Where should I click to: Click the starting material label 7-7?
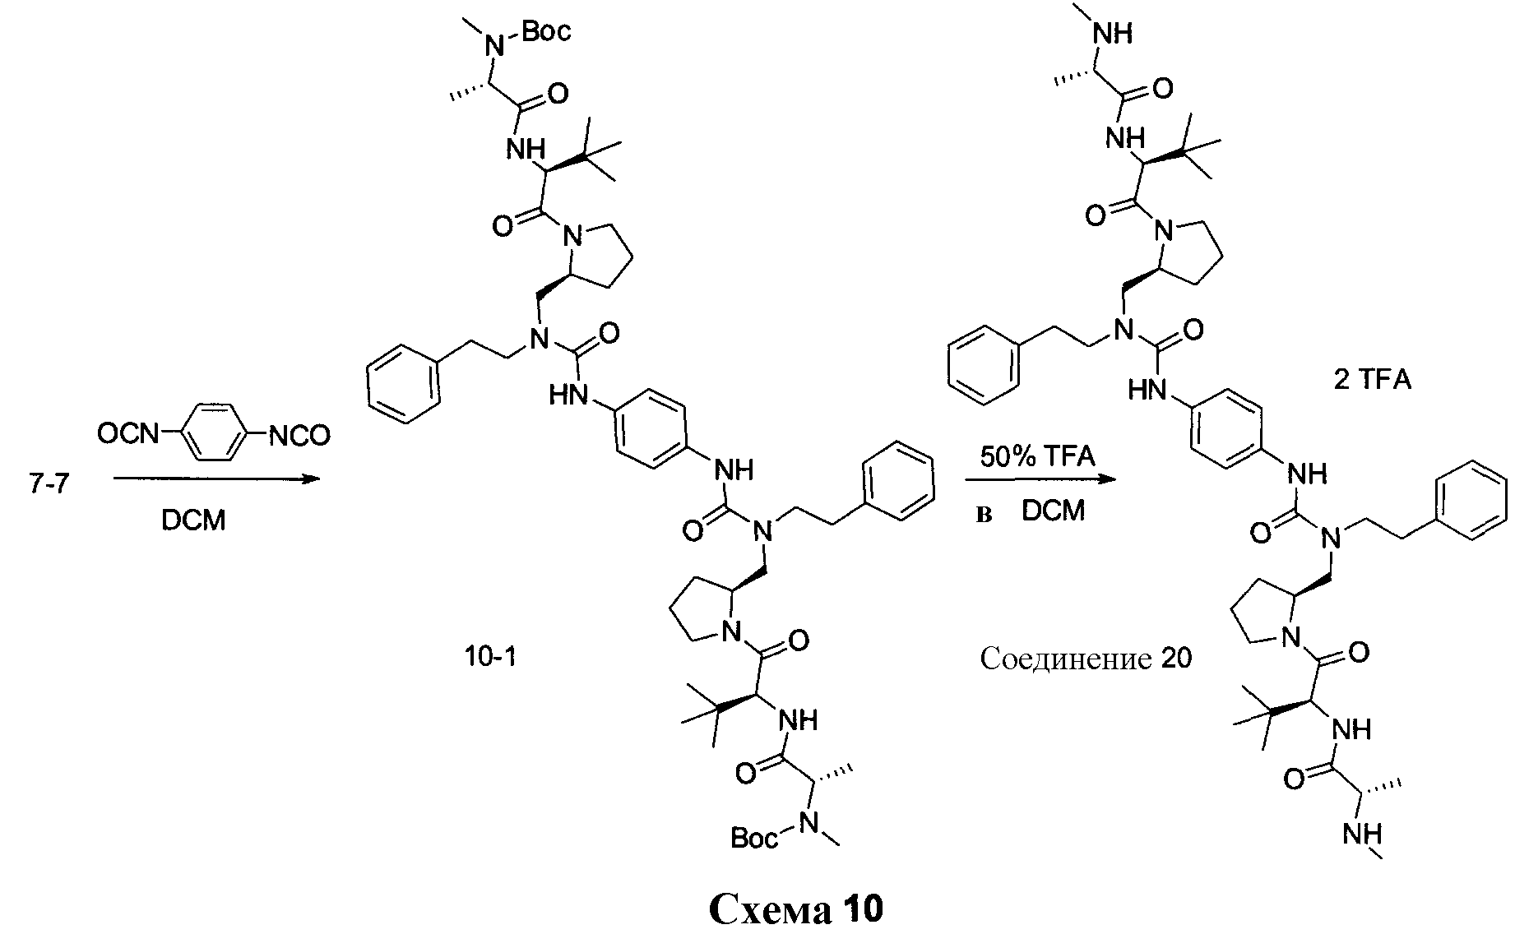(x=49, y=486)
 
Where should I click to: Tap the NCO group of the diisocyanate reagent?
(x=299, y=436)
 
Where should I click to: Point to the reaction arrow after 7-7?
(x=215, y=478)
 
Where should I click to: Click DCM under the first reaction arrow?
(x=193, y=520)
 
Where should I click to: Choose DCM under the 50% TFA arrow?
(x=1053, y=511)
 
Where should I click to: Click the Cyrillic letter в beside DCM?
(x=984, y=515)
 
